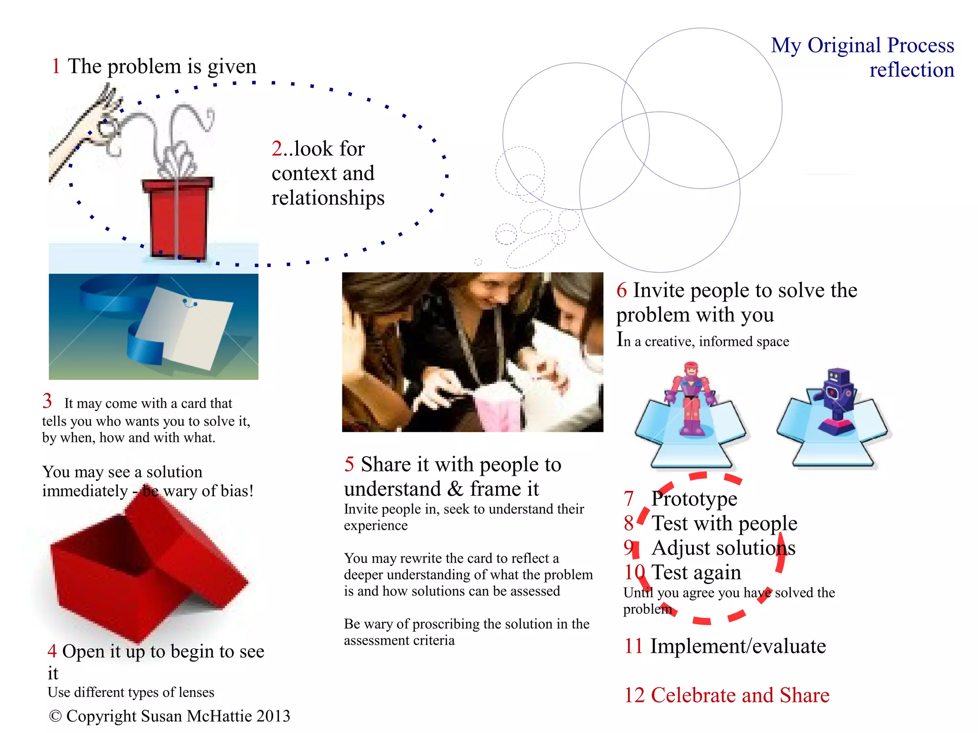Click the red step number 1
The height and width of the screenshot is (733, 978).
(56, 66)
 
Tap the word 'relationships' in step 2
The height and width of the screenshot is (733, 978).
(328, 198)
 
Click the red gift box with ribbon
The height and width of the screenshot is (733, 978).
(177, 217)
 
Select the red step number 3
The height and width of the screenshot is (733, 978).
(47, 401)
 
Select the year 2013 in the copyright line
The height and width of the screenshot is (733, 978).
(273, 716)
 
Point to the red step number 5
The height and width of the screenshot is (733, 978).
(349, 464)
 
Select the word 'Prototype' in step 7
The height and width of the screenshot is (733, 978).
(694, 499)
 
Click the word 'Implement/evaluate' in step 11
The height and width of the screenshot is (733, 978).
(738, 646)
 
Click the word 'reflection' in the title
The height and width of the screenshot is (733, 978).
(911, 70)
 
